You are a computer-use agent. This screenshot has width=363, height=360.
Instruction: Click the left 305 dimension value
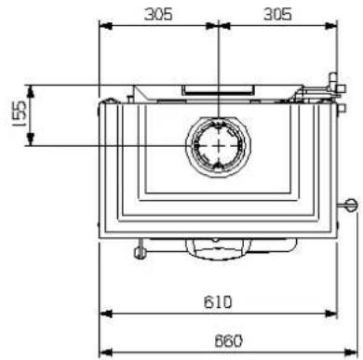click(x=158, y=14)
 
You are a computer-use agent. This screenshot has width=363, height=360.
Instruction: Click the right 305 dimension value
click(x=277, y=14)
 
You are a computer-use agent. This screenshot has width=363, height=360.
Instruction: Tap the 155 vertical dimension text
click(x=19, y=114)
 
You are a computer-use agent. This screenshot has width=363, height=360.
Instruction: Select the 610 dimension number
click(x=218, y=302)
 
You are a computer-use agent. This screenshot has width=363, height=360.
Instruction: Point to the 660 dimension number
click(x=228, y=341)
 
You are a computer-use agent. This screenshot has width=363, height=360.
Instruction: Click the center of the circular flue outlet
click(x=219, y=146)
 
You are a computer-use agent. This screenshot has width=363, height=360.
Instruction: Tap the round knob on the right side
click(x=352, y=205)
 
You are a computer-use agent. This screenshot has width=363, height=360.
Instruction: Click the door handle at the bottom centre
click(x=219, y=248)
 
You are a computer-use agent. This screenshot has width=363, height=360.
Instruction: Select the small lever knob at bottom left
click(x=140, y=253)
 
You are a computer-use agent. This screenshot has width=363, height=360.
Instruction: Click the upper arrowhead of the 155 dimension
click(x=30, y=91)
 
